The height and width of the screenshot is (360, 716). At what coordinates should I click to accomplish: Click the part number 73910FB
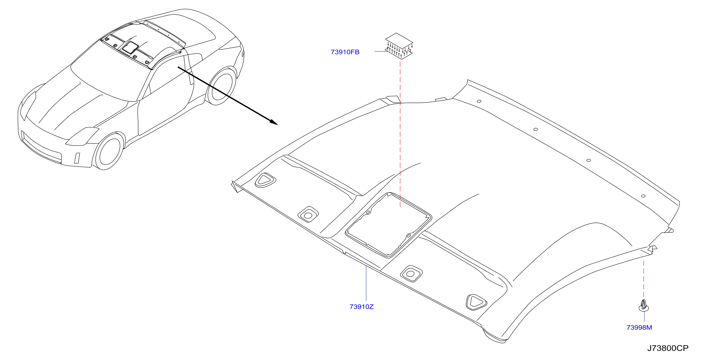point(345,52)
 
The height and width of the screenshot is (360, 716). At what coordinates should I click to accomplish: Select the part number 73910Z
point(361,307)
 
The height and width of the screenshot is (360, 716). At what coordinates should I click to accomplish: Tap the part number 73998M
point(639,327)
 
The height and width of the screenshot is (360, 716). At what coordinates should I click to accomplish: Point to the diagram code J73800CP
point(668,348)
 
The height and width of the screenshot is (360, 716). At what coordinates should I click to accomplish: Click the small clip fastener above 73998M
point(644,306)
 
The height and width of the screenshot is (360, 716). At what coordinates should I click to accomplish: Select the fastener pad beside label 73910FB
point(399,46)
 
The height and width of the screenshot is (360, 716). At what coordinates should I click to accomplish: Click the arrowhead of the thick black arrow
point(274,122)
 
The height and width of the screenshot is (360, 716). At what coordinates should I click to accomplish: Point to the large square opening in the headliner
point(388,225)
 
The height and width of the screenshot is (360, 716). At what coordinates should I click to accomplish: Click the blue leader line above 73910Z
point(366,283)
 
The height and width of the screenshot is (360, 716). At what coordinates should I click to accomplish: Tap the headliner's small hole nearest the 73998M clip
point(643,196)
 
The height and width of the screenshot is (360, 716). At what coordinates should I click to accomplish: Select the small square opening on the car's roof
point(130,48)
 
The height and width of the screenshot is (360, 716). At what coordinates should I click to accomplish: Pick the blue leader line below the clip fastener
point(644,316)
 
